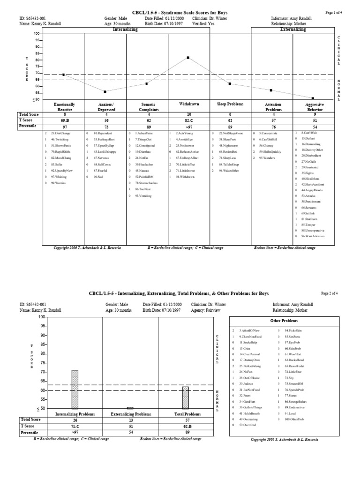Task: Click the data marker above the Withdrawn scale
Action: (188, 58)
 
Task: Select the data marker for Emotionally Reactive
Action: (63, 75)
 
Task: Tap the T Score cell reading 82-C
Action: (188, 120)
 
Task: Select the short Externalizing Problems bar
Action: (130, 408)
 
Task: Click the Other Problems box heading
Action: (281, 321)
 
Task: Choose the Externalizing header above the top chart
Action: (293, 29)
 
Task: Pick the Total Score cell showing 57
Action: (185, 420)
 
